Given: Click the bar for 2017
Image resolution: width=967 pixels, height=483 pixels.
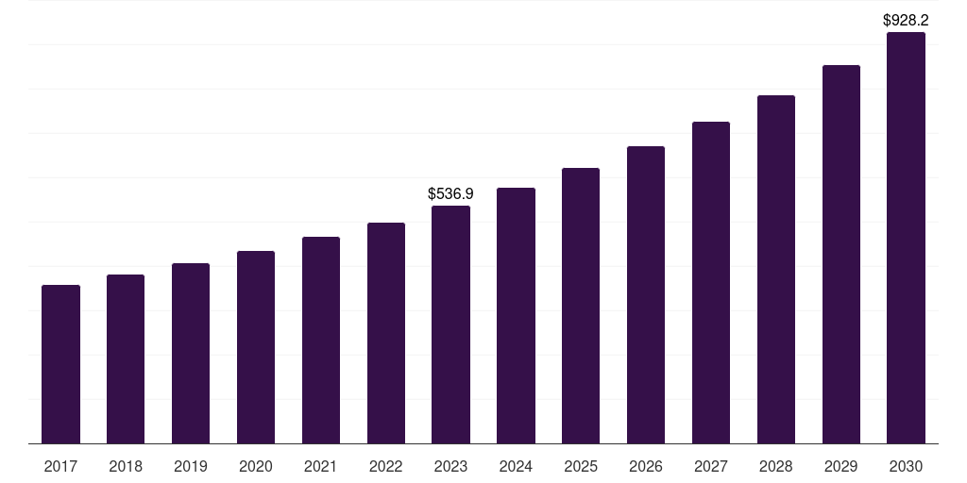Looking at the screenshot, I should [x=60, y=364].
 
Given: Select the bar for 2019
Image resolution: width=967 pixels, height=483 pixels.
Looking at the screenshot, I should [x=191, y=353].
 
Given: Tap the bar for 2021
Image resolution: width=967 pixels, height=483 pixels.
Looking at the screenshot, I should [x=321, y=340].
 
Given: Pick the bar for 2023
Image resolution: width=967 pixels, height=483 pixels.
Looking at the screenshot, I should [x=450, y=325].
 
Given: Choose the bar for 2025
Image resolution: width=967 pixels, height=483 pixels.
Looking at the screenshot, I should [x=581, y=306].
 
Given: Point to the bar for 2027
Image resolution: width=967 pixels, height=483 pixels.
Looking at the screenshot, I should [x=711, y=282].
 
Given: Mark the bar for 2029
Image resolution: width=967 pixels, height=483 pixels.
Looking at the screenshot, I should [x=841, y=254].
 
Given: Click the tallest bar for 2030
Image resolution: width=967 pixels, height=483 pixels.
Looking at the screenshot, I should [x=906, y=238].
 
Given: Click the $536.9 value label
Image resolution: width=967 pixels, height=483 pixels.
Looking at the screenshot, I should [x=450, y=193].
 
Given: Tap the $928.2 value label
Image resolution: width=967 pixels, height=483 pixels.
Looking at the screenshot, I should [x=906, y=20].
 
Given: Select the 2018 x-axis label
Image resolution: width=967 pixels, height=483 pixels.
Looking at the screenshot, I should [x=126, y=466].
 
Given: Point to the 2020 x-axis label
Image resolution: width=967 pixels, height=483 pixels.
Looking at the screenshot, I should [x=256, y=466].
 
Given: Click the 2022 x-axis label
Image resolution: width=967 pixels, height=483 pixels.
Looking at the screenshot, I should [x=385, y=466].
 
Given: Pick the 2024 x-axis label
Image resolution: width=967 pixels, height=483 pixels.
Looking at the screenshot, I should [x=516, y=466].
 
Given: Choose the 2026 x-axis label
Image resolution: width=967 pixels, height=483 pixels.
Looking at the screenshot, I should [x=646, y=466].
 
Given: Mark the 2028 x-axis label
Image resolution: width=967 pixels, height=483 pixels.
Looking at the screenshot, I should [x=776, y=466].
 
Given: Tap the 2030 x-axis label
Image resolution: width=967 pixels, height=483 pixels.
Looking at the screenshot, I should [x=906, y=466].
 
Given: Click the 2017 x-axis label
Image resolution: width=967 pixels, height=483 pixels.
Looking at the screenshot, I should [x=60, y=466].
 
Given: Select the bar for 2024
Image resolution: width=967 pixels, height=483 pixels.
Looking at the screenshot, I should [x=516, y=315].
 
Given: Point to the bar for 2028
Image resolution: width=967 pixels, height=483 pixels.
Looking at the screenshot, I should [x=776, y=269].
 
